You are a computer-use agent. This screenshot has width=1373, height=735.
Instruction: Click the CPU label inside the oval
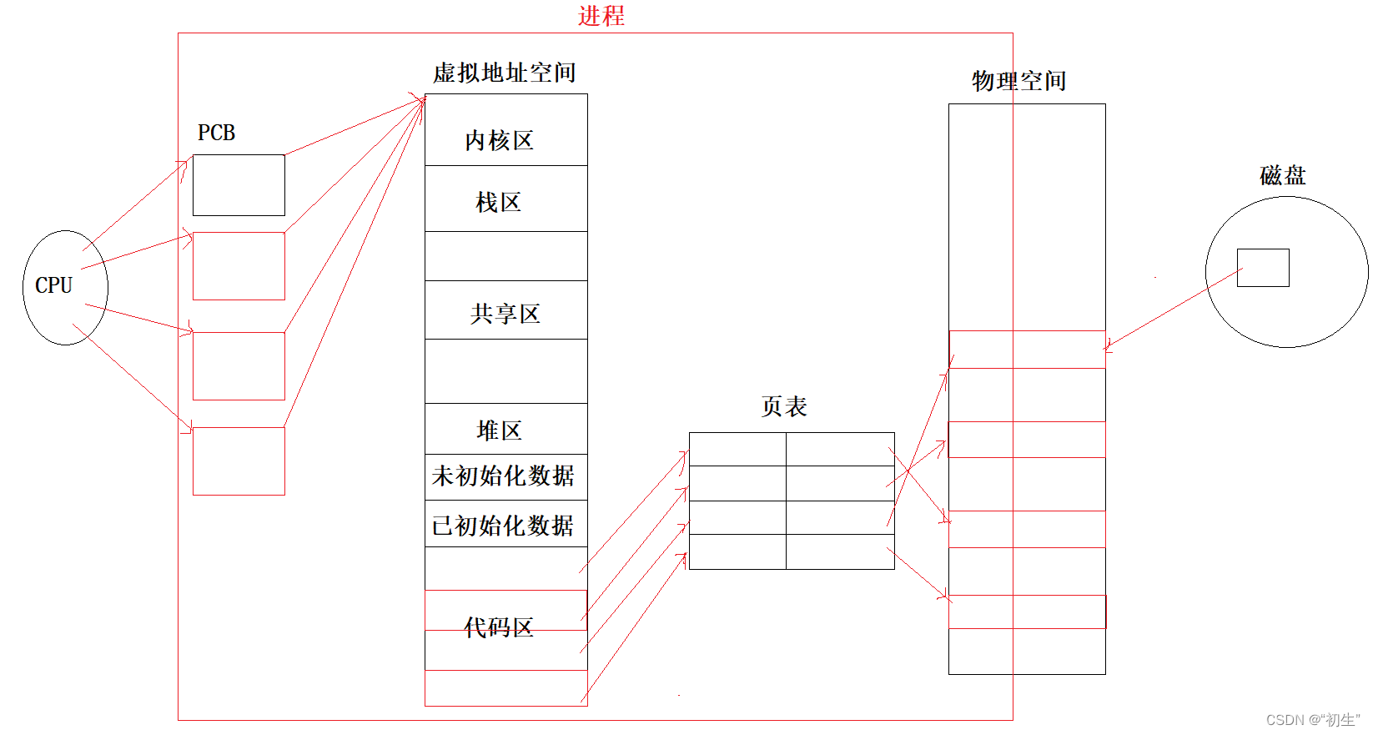pyautogui.click(x=53, y=285)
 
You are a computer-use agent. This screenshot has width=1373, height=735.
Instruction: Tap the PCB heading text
pyautogui.click(x=216, y=133)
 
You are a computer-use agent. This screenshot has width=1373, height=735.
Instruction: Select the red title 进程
pyautogui.click(x=601, y=16)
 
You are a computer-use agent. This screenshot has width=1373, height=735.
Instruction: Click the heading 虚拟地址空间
pyautogui.click(x=504, y=73)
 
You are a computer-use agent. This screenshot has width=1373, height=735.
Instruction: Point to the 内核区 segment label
pyautogui.click(x=499, y=140)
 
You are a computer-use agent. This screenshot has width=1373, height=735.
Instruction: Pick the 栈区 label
pyautogui.click(x=498, y=202)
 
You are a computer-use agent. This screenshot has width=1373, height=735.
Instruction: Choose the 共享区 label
pyautogui.click(x=505, y=314)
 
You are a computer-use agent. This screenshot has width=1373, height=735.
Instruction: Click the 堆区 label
pyautogui.click(x=499, y=430)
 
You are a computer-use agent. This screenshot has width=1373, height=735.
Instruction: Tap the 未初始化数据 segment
pyautogui.click(x=503, y=476)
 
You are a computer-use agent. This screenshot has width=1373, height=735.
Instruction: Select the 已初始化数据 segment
pyautogui.click(x=503, y=526)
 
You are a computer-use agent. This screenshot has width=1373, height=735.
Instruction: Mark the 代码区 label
pyautogui.click(x=499, y=627)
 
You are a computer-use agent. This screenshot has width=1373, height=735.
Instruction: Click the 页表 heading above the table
pyautogui.click(x=784, y=407)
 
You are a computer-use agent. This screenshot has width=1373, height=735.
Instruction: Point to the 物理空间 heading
pyautogui.click(x=1018, y=81)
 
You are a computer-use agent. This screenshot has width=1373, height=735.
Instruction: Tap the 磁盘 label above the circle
pyautogui.click(x=1282, y=175)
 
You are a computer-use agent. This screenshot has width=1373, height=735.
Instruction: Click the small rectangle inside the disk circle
pyautogui.click(x=1263, y=268)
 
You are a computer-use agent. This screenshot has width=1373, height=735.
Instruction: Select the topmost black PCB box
pyautogui.click(x=239, y=185)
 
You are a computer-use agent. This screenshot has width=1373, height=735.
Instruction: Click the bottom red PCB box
pyautogui.click(x=239, y=461)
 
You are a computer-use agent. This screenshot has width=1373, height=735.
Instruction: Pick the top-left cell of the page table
pyautogui.click(x=737, y=450)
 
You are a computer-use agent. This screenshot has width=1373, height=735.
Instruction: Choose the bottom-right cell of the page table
pyautogui.click(x=840, y=551)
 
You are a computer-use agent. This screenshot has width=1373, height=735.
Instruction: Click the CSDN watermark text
pyautogui.click(x=1312, y=720)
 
